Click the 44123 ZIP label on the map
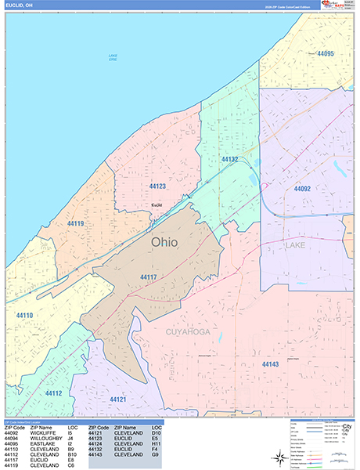pos(157,186)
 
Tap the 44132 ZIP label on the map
pos(230,159)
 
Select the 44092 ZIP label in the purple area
pos(302,189)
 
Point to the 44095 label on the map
pos(326,53)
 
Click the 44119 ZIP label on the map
pos(75,224)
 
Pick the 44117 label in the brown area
pos(149,277)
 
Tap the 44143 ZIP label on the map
pos(270,364)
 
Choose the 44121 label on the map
pos(118,399)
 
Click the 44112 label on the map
pos(53,392)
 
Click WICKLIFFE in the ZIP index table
pos(44,432)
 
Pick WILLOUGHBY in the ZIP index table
pos(47,438)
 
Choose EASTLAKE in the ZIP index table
pos(43,443)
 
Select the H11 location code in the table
pos(156,443)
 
